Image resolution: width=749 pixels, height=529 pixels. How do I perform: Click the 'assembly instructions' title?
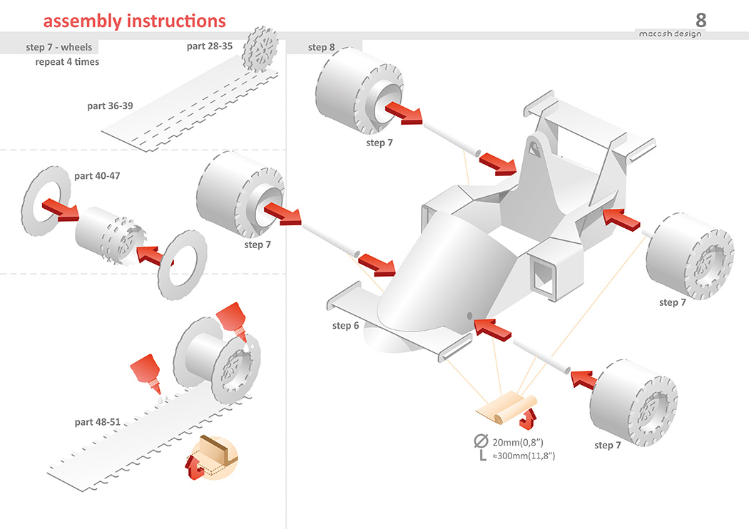coord(134,21)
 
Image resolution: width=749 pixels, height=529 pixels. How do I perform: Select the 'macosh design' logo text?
coord(668,34)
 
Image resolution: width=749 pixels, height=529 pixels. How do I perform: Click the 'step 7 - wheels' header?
coord(59,47)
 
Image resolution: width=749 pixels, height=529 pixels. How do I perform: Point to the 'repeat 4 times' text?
coord(67,62)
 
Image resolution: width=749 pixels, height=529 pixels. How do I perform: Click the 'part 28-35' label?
coord(210,46)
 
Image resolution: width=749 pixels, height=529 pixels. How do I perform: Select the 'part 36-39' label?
coord(110,106)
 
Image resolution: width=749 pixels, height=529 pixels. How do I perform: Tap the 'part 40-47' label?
coord(97,175)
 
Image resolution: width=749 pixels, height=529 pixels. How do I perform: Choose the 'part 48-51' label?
coord(97,422)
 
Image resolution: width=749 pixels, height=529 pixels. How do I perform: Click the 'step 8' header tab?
coord(322,47)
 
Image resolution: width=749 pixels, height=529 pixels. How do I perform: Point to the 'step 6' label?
coord(346,326)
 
